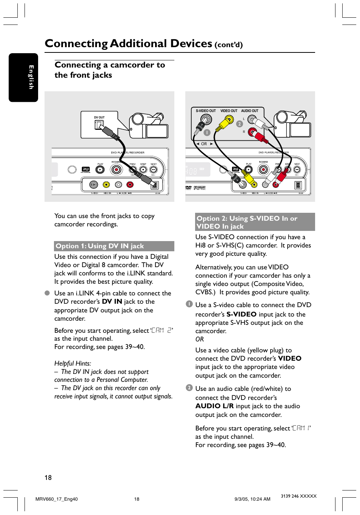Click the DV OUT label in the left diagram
point(99,117)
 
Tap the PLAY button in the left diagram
point(100,170)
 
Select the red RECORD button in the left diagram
point(116,170)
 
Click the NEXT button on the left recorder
point(154,170)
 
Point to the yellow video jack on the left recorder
point(106,184)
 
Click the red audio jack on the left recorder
point(130,184)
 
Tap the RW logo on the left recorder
point(86,169)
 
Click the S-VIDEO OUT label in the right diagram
point(206,111)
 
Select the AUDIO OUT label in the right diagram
point(250,111)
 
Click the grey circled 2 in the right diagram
point(239,124)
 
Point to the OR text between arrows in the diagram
point(204,144)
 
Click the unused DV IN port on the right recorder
point(298,185)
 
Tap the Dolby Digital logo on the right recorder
point(200,188)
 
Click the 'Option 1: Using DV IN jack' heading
point(100,246)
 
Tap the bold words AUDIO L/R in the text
point(214,406)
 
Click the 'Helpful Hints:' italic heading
point(72,363)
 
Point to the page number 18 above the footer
point(48,477)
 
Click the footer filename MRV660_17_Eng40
point(57,499)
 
